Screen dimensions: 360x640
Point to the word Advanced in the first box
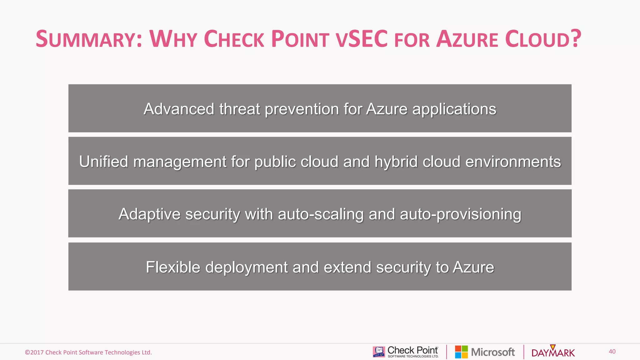[179, 109]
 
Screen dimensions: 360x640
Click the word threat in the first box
[239, 109]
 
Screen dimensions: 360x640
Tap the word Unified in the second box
[103, 162]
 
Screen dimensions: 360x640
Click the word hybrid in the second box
[396, 162]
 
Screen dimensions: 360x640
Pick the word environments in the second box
[513, 162]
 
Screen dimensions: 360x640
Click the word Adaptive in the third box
[149, 214]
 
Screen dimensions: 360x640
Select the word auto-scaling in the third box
[321, 214]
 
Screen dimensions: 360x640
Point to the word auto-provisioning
[460, 214]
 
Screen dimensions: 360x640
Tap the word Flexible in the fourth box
[173, 267]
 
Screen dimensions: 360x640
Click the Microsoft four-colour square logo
[461, 352]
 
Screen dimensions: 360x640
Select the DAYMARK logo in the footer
[553, 352]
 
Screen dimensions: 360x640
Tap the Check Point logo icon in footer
[379, 352]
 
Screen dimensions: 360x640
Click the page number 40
[612, 352]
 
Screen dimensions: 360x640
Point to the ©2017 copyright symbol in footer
[27, 352]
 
